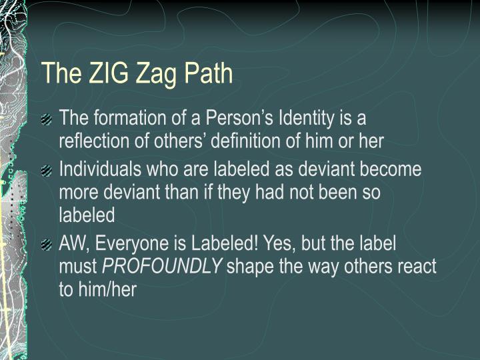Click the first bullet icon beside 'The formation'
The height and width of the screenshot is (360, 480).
pos(46,120)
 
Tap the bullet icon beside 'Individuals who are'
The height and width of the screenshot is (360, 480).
pos(46,171)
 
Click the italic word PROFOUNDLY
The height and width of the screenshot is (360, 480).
pos(162,267)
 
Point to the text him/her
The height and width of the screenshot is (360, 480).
pos(106,290)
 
